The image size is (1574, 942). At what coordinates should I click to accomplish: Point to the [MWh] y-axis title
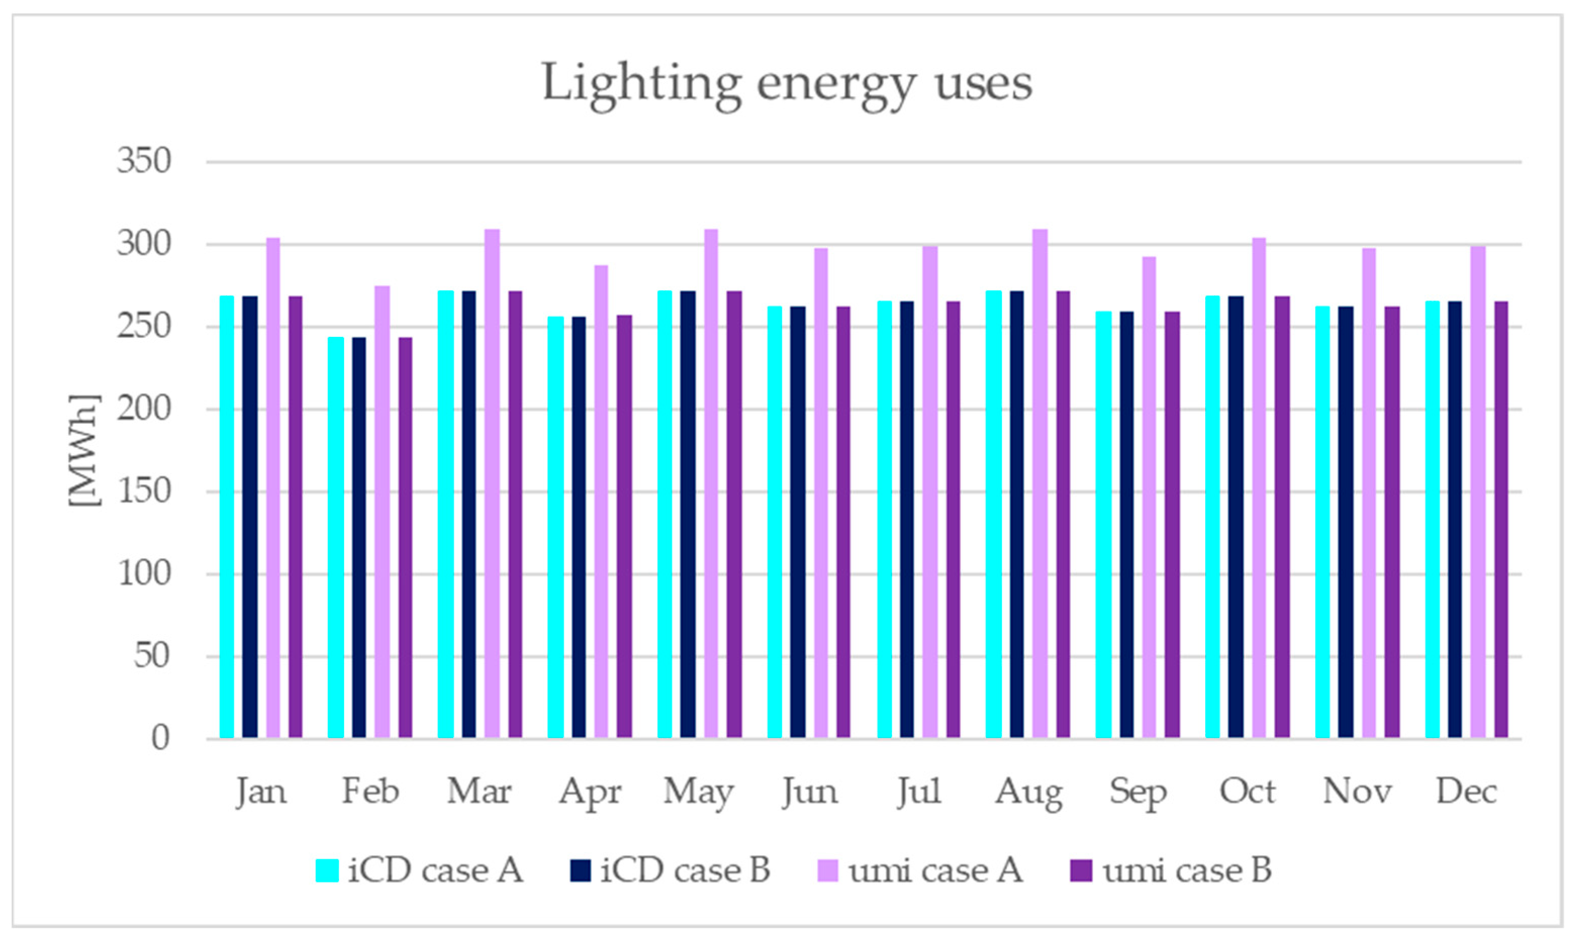point(84,450)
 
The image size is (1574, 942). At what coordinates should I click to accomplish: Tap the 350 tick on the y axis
point(144,161)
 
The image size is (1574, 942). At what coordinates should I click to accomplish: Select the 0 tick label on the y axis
point(160,738)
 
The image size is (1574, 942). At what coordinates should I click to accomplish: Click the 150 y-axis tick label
point(144,491)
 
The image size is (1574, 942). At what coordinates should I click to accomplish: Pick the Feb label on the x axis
point(370,791)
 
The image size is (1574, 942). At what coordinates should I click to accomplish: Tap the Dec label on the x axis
point(1466,791)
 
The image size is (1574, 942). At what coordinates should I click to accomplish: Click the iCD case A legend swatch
point(327,871)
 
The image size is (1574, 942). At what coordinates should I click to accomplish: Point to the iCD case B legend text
point(685,870)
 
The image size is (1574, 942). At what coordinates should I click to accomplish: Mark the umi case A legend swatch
point(826,871)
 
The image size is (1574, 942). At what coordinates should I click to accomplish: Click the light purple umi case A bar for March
point(492,482)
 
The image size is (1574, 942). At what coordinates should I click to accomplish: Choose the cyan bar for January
point(227,517)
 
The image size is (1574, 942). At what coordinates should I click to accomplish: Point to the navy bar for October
point(1236,517)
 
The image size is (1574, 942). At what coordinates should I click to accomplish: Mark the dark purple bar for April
point(624,526)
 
